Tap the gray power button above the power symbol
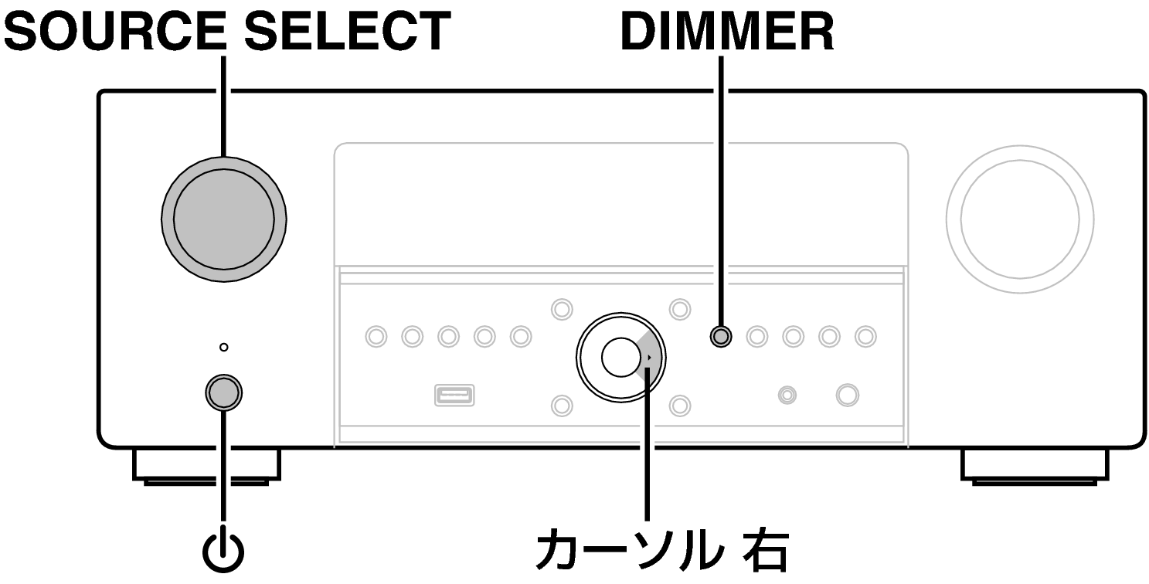[x=224, y=392]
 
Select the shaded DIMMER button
[x=720, y=336]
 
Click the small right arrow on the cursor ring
[x=650, y=358]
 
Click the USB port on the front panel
[x=454, y=395]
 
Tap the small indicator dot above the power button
[x=223, y=348]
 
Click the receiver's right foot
[x=1035, y=466]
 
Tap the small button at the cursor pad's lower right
[x=678, y=404]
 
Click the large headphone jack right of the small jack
[x=847, y=395]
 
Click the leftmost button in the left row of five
[x=376, y=336]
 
